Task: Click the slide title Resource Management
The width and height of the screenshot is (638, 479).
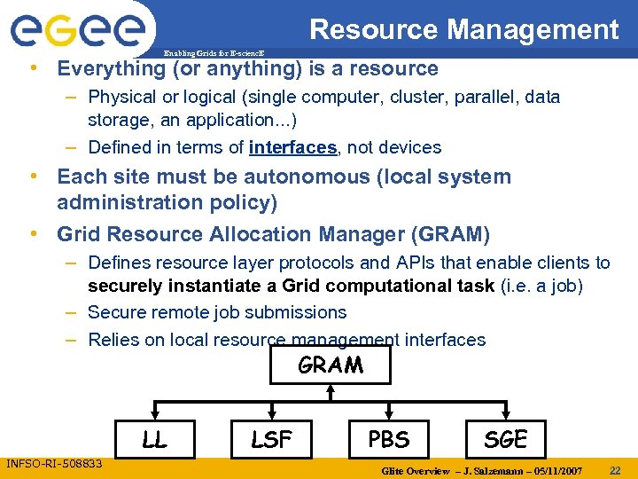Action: click(x=463, y=29)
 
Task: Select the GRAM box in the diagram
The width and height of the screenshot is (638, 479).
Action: click(x=331, y=365)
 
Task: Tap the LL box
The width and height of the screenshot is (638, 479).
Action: click(x=154, y=438)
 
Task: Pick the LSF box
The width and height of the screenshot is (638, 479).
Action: click(x=271, y=438)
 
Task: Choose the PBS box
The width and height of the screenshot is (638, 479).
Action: click(x=388, y=438)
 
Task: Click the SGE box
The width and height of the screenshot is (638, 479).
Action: click(x=505, y=438)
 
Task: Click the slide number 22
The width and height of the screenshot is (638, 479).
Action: click(x=615, y=469)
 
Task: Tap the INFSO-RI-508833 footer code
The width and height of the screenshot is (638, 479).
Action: click(x=54, y=463)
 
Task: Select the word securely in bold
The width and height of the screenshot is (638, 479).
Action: click(x=125, y=286)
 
